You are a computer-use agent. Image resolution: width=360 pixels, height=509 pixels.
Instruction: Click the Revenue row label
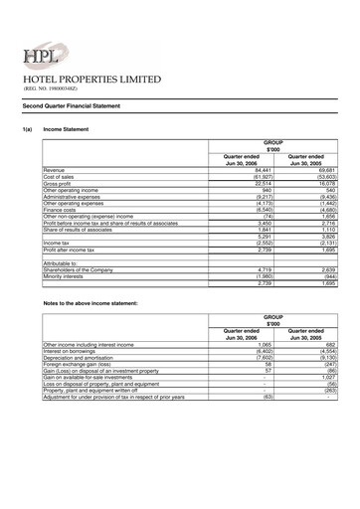click(x=54, y=171)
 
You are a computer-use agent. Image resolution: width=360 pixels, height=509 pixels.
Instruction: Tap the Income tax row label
click(x=57, y=241)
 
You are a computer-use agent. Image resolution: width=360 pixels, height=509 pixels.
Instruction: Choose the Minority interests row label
click(x=64, y=276)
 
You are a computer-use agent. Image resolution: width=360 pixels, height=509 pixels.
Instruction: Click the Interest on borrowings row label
click(x=73, y=350)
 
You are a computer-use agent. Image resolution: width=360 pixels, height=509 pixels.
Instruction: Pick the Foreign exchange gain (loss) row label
click(x=80, y=365)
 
